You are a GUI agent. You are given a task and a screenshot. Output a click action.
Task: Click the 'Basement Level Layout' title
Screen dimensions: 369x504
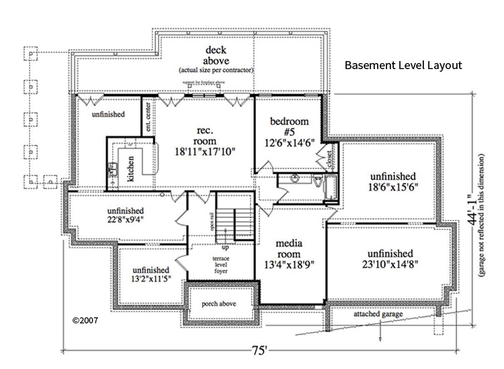point(403,66)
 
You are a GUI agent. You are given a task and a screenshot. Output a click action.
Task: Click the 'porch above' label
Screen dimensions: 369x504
point(221,303)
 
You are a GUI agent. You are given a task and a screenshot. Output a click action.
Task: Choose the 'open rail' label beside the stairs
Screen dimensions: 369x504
point(212,220)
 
